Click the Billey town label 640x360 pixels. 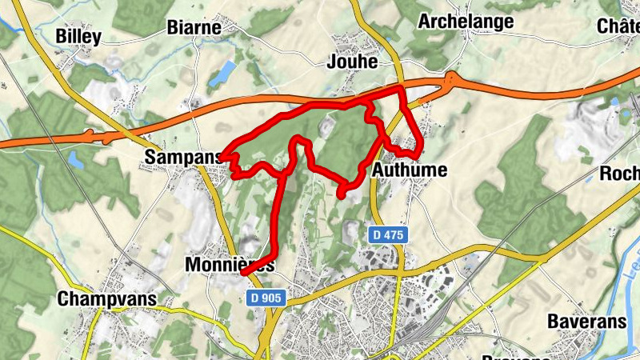[78, 37]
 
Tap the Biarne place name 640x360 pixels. [194, 28]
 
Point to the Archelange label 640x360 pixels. [466, 22]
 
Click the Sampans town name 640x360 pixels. [182, 158]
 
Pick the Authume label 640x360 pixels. [410, 170]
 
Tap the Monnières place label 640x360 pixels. [230, 264]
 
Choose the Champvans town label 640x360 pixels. [106, 299]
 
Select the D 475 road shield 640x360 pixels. [390, 235]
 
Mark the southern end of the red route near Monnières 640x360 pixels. [242, 274]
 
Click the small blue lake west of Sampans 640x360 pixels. [76, 160]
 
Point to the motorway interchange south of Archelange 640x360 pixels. [454, 79]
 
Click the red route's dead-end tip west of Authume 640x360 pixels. [341, 194]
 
